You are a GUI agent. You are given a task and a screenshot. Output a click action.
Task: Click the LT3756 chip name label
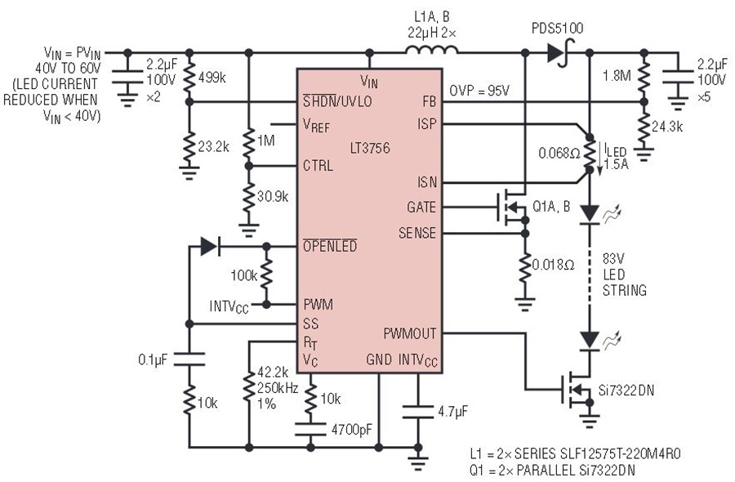370,148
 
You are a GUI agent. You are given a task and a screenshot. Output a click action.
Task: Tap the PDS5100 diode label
557,29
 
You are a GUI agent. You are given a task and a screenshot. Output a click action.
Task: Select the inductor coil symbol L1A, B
432,50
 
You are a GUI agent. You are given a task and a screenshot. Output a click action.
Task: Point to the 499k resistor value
212,78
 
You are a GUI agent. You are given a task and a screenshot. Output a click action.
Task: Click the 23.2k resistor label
213,147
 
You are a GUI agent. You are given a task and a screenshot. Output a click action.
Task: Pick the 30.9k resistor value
273,197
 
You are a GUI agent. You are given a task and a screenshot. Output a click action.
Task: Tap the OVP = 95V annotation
479,91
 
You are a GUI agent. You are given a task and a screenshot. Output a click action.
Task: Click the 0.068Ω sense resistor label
559,154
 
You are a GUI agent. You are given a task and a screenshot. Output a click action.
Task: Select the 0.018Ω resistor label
553,265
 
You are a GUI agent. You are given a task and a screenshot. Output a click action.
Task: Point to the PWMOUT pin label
410,333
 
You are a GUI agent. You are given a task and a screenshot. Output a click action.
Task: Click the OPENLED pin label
330,246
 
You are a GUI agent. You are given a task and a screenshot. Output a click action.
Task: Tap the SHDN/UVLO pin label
337,100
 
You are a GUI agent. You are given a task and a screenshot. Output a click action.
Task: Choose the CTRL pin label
318,166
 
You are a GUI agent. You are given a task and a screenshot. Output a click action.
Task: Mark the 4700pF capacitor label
352,429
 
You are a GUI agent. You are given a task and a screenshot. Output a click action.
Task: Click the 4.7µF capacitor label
452,412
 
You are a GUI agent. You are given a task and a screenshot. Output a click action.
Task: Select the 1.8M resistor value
617,75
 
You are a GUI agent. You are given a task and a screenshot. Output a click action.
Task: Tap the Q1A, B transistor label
551,207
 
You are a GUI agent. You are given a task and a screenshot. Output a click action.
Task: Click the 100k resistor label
243,275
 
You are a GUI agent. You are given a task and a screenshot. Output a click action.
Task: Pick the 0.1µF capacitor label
153,359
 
